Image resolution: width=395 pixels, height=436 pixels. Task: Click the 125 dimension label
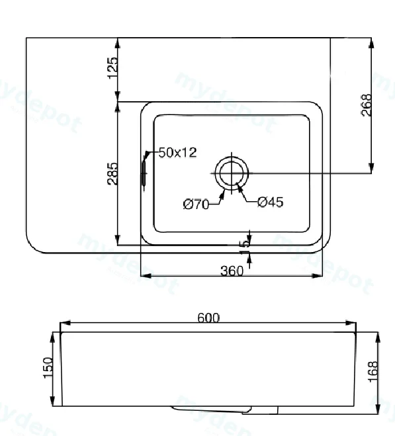click(113, 68)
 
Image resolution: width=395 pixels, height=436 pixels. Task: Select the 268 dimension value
click(367, 105)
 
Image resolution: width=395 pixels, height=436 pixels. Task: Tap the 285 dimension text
click(112, 174)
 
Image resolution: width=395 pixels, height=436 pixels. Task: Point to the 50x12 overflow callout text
click(177, 153)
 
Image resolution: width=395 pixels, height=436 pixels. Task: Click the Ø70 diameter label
click(196, 204)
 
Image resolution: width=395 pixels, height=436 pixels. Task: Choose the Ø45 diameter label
click(271, 202)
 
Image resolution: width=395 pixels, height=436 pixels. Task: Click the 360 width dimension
click(232, 271)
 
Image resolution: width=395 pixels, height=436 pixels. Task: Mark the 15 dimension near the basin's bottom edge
click(245, 247)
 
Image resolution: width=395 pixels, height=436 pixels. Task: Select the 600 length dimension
click(208, 318)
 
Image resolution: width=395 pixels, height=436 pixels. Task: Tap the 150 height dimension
click(48, 368)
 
